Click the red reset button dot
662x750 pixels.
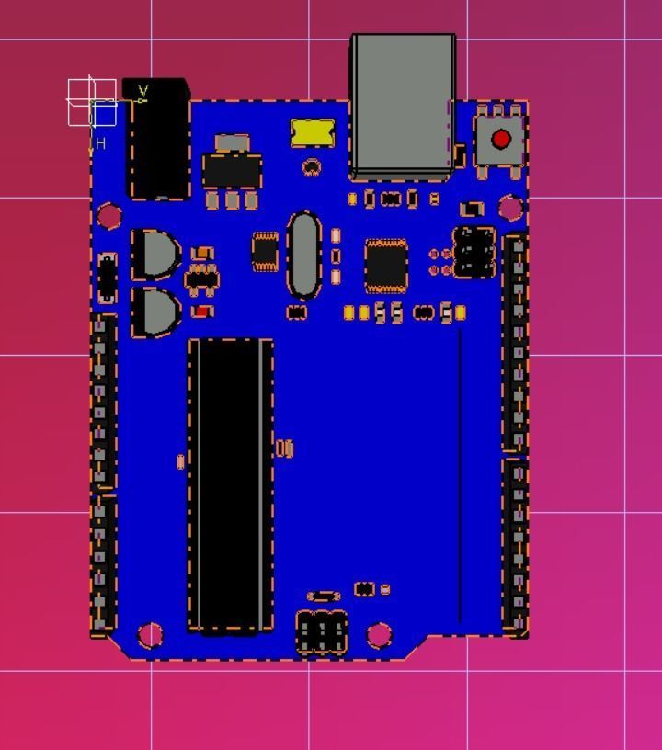point(501,140)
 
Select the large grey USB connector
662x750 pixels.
point(403,103)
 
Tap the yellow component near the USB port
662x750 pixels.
point(312,132)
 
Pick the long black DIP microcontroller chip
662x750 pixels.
point(230,485)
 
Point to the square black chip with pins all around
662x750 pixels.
point(386,265)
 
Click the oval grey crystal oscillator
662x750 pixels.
point(304,255)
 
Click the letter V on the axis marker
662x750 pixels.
point(143,91)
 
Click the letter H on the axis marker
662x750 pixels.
point(100,144)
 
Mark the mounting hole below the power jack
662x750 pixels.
point(109,217)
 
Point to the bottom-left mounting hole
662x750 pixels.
point(150,634)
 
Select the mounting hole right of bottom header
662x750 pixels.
point(379,634)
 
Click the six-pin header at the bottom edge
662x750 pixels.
point(322,632)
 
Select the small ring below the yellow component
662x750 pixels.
point(312,167)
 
